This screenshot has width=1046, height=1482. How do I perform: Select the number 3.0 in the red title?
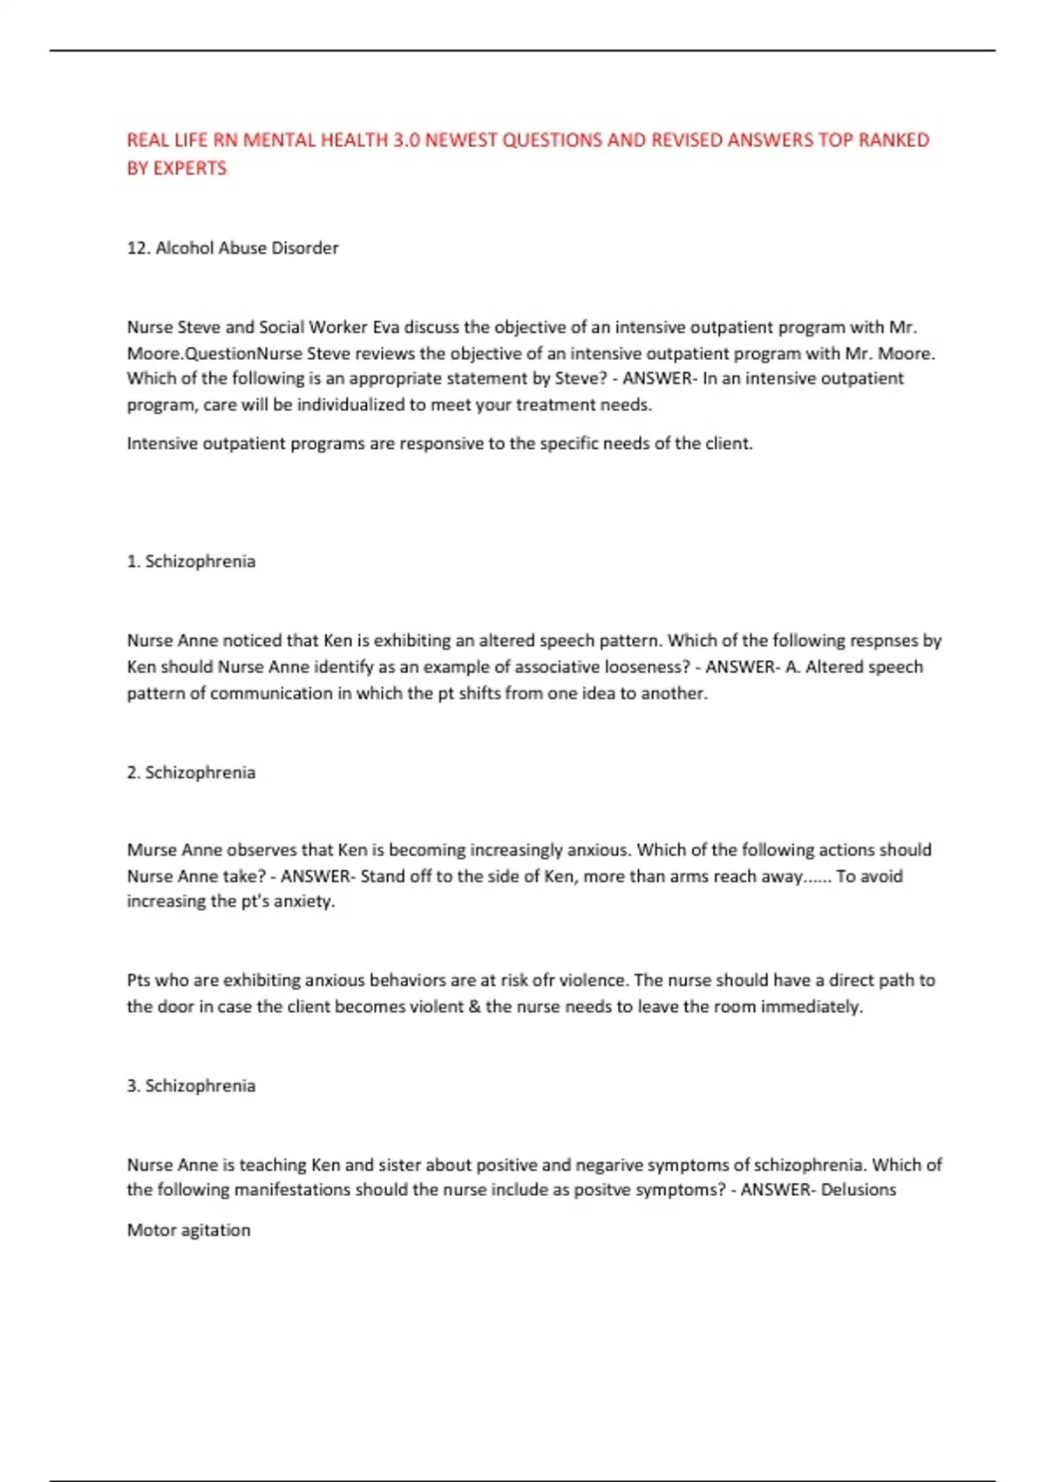pos(405,140)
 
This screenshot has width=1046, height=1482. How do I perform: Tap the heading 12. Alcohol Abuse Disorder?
pos(233,248)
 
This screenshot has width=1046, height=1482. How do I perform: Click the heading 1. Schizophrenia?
pos(191,561)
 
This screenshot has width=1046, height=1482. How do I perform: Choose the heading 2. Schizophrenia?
pos(191,772)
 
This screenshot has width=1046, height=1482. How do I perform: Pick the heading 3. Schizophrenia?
pos(191,1086)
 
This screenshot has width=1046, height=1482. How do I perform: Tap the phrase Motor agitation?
pos(188,1230)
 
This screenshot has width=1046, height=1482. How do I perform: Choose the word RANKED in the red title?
pos(893,140)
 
